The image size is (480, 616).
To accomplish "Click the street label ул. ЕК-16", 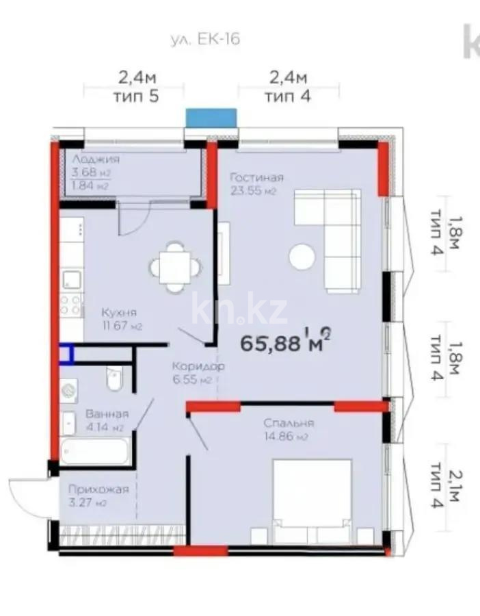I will [205, 39].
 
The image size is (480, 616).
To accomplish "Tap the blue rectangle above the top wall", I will [211, 117].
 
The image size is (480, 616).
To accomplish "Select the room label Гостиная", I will [256, 177].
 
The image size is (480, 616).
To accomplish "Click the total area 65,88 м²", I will [286, 340].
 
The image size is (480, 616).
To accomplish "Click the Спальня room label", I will [289, 423].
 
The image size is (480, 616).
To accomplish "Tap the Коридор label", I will [198, 367].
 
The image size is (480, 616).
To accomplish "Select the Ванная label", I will [107, 413].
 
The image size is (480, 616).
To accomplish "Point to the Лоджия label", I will [96, 159].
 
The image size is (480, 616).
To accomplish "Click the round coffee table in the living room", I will [302, 257].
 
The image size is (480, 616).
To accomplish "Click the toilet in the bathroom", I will [114, 378].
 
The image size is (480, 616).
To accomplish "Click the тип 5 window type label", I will [135, 95].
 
